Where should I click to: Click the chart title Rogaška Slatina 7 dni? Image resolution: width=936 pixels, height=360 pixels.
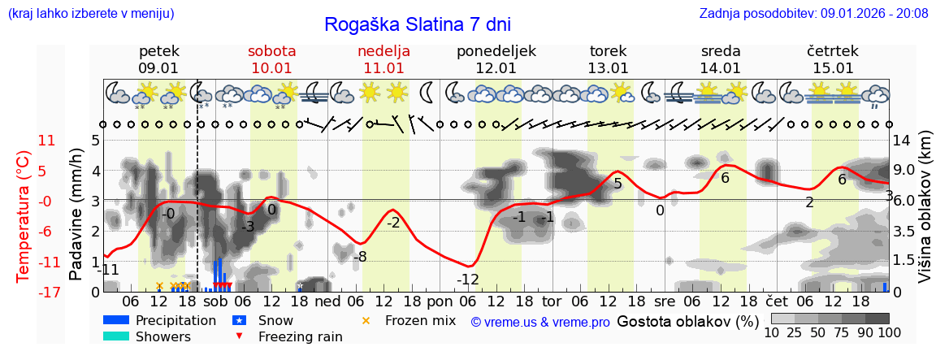click(418, 24)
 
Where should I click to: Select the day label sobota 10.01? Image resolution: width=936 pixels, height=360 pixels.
click(271, 59)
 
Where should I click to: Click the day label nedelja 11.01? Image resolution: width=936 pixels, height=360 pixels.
click(383, 59)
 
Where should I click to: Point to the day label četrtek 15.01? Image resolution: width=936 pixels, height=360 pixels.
click(833, 59)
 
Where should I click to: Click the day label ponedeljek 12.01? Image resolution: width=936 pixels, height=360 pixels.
click(496, 59)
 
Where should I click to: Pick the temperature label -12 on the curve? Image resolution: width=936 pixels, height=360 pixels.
click(467, 280)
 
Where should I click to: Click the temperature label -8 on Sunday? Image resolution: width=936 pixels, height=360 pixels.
click(361, 257)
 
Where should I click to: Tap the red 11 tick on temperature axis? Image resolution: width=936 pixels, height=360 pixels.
click(46, 141)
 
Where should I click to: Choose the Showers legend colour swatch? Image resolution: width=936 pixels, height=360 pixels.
click(116, 336)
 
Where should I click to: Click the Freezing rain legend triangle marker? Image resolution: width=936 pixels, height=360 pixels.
click(239, 336)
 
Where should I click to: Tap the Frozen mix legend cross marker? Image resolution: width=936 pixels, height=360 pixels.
click(365, 320)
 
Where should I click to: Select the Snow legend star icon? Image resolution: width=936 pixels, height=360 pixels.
click(239, 320)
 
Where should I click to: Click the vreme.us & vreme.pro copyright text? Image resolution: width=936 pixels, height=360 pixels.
click(540, 322)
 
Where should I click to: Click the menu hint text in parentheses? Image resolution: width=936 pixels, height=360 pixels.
click(90, 13)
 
